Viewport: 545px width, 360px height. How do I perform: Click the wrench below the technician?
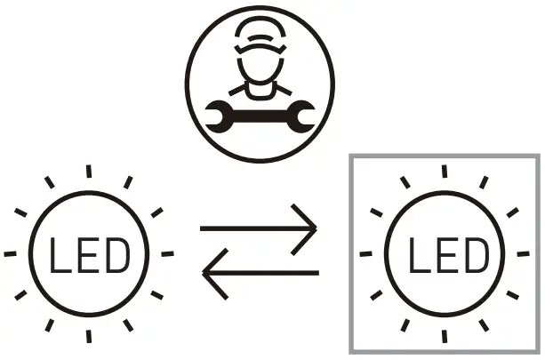point(260,112)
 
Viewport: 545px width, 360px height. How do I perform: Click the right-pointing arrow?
point(259,230)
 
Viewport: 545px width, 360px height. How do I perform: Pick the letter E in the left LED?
point(88,255)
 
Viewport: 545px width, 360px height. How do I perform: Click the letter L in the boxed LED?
point(418,255)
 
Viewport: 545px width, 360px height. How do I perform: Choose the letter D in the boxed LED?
point(475,255)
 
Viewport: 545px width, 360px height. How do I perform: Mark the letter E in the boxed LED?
point(445,255)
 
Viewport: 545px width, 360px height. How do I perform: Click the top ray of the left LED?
point(88,172)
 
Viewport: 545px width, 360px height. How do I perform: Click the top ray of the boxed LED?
point(445,172)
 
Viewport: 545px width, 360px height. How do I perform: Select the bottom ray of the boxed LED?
point(445,338)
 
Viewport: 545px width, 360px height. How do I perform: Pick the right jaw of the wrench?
point(303,113)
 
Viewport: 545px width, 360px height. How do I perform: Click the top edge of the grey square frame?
point(445,157)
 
